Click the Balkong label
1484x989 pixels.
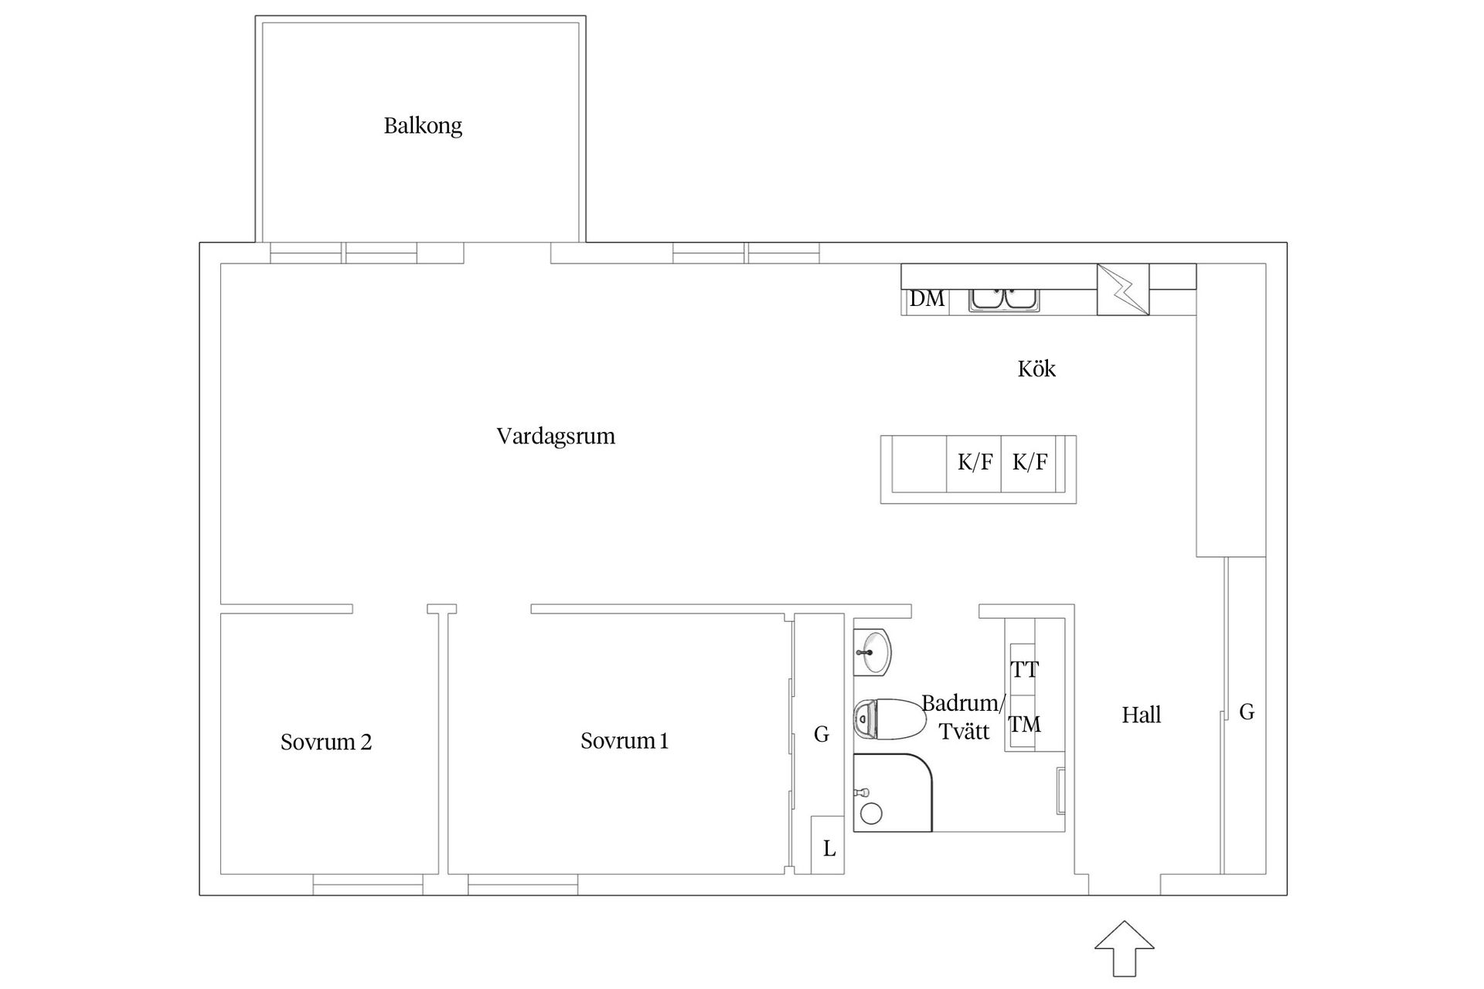click(x=423, y=126)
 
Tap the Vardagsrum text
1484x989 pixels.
click(x=556, y=437)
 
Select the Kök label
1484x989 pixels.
click(x=1036, y=369)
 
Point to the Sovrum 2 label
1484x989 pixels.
click(x=326, y=743)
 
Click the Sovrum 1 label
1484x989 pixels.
click(x=625, y=741)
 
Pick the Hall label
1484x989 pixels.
click(x=1142, y=715)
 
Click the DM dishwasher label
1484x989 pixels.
click(x=927, y=299)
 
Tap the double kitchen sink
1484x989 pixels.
click(x=1006, y=299)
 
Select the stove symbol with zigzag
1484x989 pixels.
click(x=1123, y=290)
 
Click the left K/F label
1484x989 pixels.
click(x=975, y=463)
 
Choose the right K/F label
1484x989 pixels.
click(x=1030, y=463)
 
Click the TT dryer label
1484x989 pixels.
click(x=1025, y=669)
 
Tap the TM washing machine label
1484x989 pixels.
click(x=1025, y=725)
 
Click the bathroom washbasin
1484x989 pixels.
click(x=873, y=652)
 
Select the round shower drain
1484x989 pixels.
click(x=872, y=814)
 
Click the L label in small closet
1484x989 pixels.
click(x=829, y=849)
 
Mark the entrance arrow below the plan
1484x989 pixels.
click(x=1125, y=948)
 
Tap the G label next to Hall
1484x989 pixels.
click(x=1247, y=712)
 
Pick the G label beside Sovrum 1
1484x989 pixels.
click(x=822, y=734)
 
